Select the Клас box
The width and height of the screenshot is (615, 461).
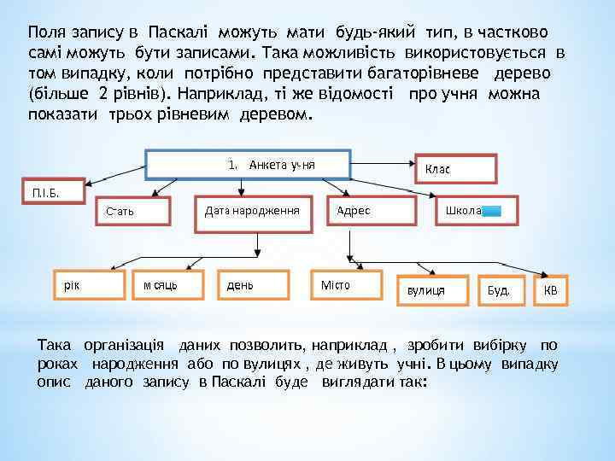(x=454, y=169)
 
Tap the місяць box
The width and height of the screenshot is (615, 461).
(x=168, y=285)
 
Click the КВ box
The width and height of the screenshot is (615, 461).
(x=550, y=290)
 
